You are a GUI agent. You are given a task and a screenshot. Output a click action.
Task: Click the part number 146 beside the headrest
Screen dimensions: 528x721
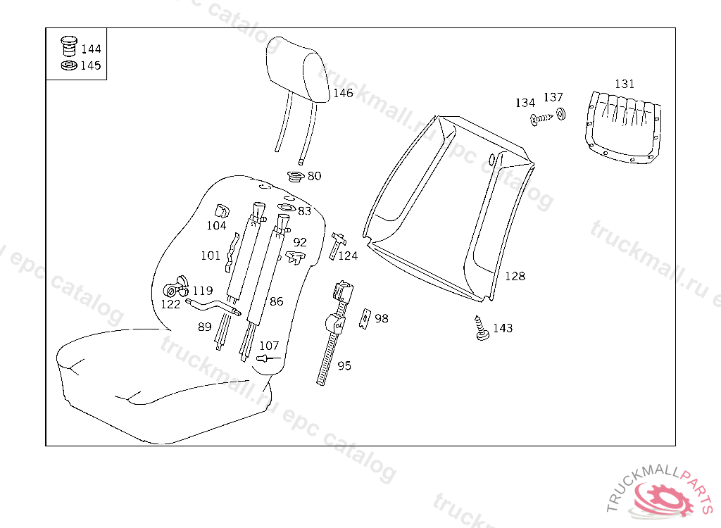coord(343,93)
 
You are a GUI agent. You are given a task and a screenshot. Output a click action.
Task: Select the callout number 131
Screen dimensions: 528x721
coord(625,84)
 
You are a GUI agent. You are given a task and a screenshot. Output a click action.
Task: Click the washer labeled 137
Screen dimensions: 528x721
coord(560,114)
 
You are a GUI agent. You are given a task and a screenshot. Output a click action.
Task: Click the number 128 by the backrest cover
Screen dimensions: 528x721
coord(515,276)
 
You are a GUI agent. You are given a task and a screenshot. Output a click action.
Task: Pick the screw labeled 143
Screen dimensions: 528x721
coord(481,329)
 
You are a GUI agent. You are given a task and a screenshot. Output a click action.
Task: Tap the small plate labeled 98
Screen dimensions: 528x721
coord(365,319)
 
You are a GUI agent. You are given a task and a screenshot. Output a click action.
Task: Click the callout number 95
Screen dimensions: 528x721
coord(344,365)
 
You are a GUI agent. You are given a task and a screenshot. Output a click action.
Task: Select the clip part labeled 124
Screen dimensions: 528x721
coord(337,244)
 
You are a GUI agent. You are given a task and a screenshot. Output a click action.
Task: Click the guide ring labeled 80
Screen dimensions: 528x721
coord(296,175)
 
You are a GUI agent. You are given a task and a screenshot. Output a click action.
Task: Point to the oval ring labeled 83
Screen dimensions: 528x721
coord(287,208)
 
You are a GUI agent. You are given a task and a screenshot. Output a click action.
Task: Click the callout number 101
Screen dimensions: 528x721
coord(211,256)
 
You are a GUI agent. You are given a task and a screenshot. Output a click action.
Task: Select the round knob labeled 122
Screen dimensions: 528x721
coord(170,291)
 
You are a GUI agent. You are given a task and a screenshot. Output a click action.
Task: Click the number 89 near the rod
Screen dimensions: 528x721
coord(204,327)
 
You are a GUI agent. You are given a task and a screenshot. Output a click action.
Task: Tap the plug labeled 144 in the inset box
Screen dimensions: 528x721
coord(68,46)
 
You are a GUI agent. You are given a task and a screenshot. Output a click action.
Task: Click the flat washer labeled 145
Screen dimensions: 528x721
coord(68,65)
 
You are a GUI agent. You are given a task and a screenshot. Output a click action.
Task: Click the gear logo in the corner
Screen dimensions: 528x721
coord(661,497)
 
